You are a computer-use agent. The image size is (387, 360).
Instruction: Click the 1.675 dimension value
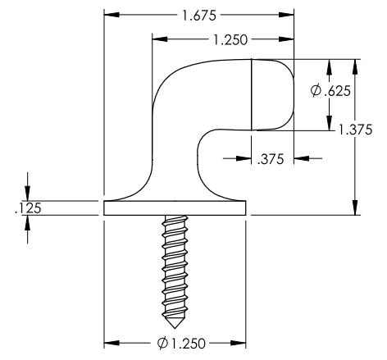[x=199, y=15]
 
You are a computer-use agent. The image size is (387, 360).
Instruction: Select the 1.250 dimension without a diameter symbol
[x=230, y=39]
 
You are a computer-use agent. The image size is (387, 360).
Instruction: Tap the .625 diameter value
[x=338, y=91]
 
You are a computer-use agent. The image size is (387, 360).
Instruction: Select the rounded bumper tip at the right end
[x=283, y=94]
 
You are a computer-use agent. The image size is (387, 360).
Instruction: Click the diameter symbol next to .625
[x=316, y=91]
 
